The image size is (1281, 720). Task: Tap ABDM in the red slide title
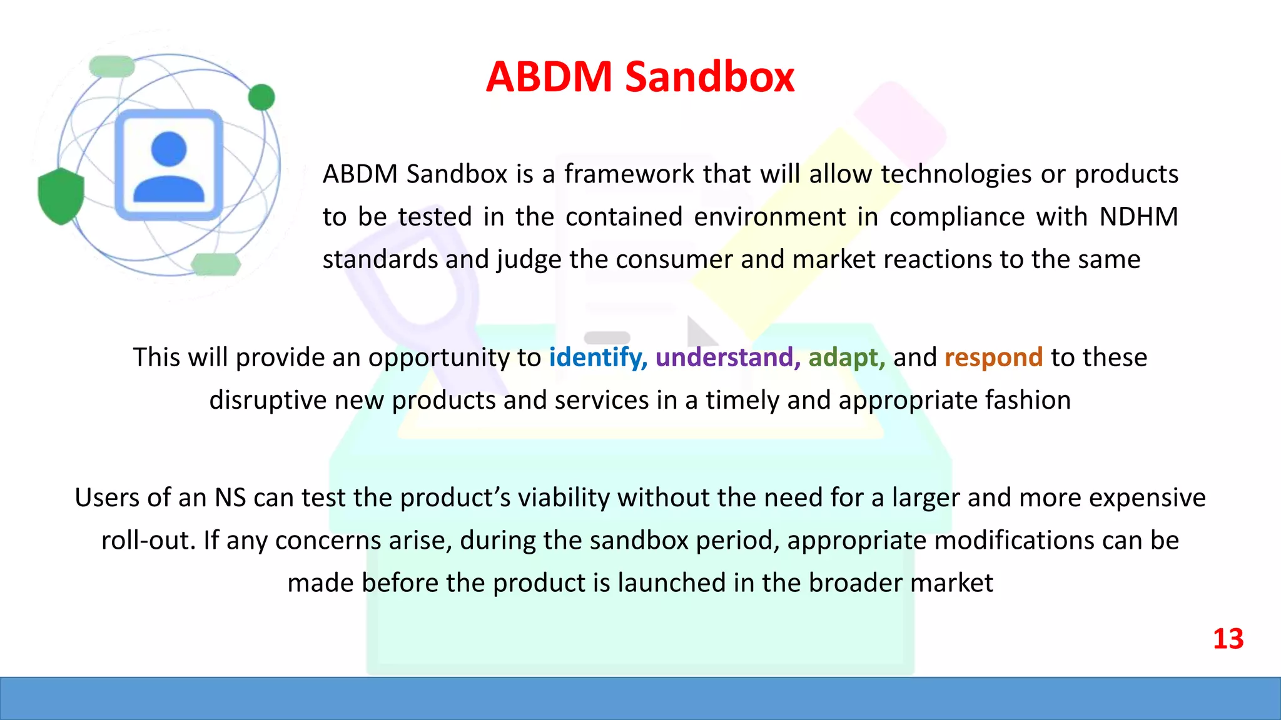click(549, 77)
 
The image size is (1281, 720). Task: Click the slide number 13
click(1228, 639)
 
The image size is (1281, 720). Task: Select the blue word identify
click(597, 357)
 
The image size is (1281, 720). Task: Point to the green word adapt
click(846, 357)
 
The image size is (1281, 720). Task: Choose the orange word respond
click(993, 357)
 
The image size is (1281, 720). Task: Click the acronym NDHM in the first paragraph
click(1138, 217)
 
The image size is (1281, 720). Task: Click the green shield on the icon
click(61, 196)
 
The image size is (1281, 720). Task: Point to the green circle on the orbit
click(261, 97)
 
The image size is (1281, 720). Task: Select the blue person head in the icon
click(169, 149)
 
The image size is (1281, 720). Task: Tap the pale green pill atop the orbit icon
click(112, 66)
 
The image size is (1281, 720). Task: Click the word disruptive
click(268, 400)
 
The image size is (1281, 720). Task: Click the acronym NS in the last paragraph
click(230, 498)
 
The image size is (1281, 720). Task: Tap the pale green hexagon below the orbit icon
click(216, 264)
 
